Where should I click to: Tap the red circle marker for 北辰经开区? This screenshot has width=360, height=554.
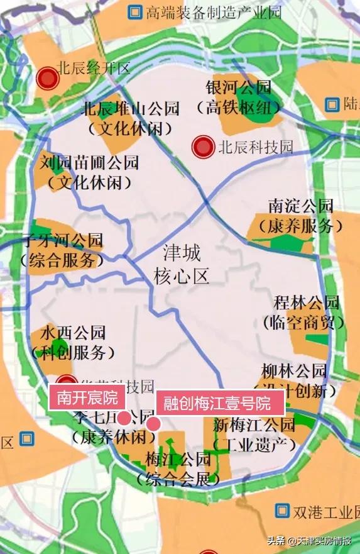(x=47, y=79)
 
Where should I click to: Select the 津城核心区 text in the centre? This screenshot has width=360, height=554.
(x=182, y=264)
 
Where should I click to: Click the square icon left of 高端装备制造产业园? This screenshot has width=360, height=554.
(x=134, y=11)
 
